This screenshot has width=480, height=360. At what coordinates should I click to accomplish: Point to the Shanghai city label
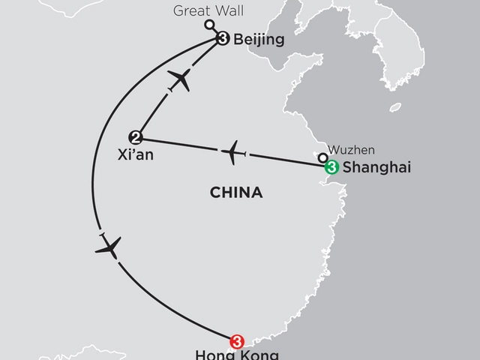click(x=368, y=169)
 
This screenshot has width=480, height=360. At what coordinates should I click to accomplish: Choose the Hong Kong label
click(x=226, y=355)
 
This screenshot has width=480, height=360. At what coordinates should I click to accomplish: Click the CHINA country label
click(x=237, y=193)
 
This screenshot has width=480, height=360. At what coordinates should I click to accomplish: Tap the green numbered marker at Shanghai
click(x=329, y=168)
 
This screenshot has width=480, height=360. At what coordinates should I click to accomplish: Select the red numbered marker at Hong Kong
click(x=238, y=340)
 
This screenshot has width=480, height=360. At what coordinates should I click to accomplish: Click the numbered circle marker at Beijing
click(x=222, y=38)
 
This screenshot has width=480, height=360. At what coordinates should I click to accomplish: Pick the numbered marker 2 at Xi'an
click(x=135, y=136)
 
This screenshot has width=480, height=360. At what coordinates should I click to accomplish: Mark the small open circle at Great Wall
click(x=208, y=24)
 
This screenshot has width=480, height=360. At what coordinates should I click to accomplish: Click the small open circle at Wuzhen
click(x=322, y=157)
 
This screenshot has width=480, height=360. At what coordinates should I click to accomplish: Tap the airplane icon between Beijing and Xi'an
click(x=179, y=79)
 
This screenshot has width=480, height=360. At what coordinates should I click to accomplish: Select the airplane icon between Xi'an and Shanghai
click(x=235, y=152)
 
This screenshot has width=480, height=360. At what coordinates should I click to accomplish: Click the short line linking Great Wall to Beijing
click(x=214, y=31)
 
